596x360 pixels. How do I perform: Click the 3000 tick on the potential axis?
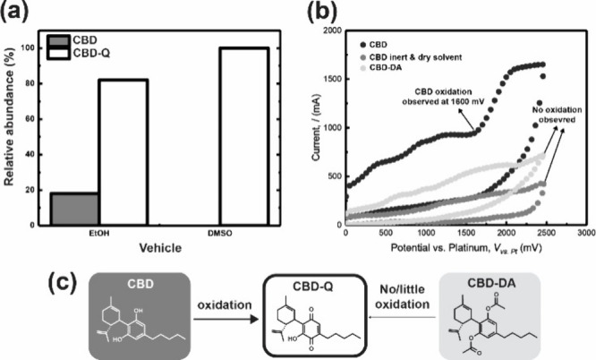coord(581,235)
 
